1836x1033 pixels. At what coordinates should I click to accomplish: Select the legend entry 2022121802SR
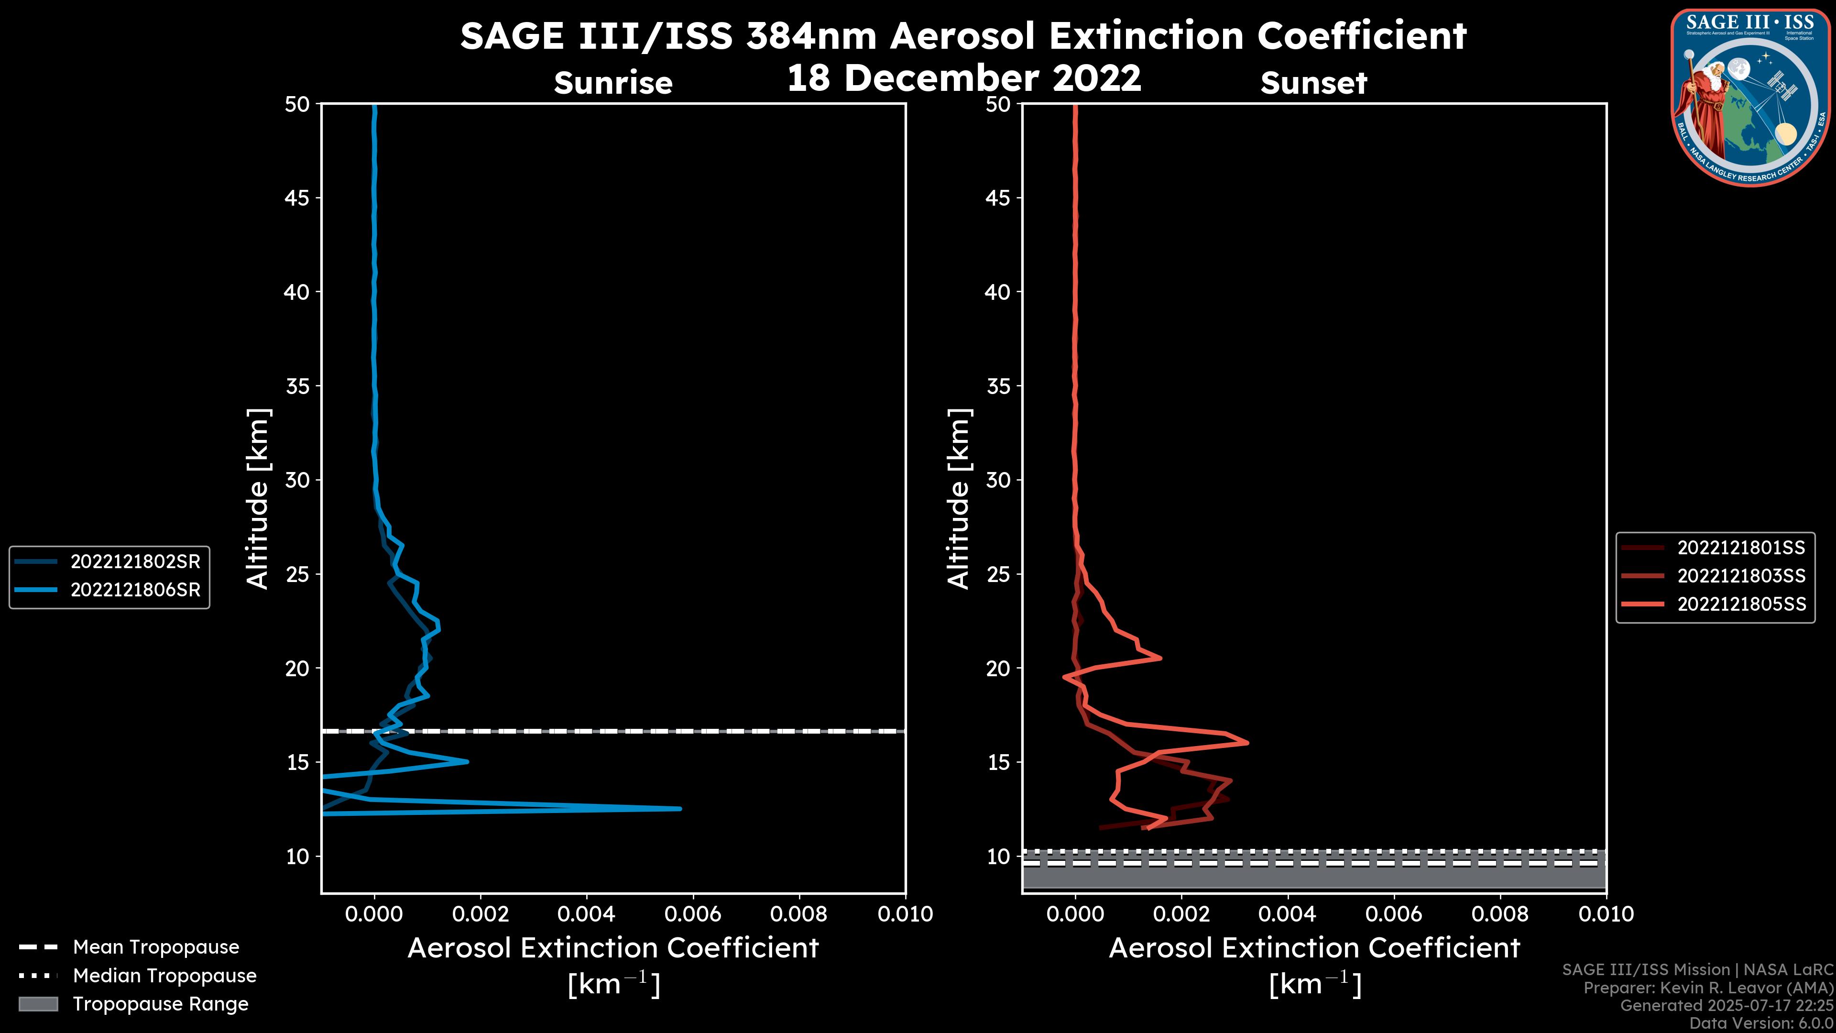pyautogui.click(x=135, y=562)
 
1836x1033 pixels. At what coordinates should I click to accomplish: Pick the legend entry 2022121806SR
pyautogui.click(x=135, y=590)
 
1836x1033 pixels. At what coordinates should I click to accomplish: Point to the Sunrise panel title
pyautogui.click(x=613, y=83)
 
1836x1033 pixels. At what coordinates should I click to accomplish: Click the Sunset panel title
pyautogui.click(x=1313, y=83)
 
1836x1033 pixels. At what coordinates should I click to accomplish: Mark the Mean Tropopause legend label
pyautogui.click(x=155, y=947)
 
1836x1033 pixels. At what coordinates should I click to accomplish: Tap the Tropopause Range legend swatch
pyautogui.click(x=38, y=1004)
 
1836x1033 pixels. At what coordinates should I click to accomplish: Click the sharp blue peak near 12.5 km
pyautogui.click(x=679, y=808)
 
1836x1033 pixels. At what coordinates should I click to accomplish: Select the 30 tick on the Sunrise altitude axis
pyautogui.click(x=297, y=480)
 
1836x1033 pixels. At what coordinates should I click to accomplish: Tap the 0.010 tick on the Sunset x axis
pyautogui.click(x=1606, y=914)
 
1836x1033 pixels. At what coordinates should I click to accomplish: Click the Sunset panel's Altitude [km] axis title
pyautogui.click(x=959, y=498)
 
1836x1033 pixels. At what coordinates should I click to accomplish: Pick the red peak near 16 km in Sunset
pyautogui.click(x=1246, y=742)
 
